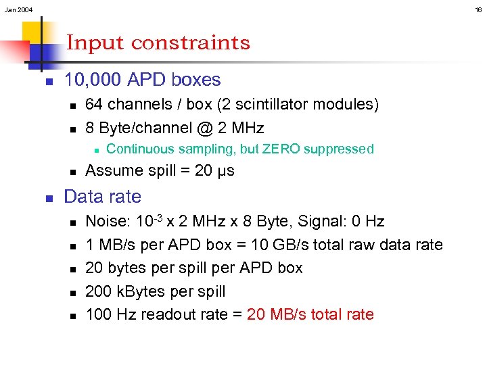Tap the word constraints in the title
click(x=190, y=43)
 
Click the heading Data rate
click(x=102, y=197)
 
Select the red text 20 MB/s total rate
click(x=310, y=314)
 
